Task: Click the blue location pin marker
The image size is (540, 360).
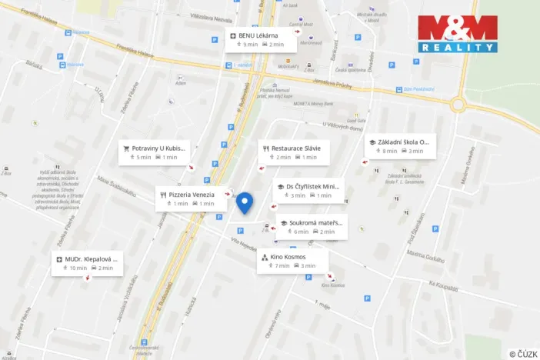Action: pos(245,202)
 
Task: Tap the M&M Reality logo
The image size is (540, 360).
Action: pos(457,33)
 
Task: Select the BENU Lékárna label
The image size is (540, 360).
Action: pos(257,35)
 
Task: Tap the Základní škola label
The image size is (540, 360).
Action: pos(402,142)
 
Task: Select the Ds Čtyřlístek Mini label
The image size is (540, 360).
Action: pos(312,186)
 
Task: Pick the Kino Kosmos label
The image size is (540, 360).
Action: pos(288,256)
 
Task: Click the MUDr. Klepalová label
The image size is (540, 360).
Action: pos(92,259)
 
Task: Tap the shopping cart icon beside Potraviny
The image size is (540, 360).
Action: pos(125,148)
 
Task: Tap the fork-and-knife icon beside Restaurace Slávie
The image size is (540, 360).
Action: pos(265,148)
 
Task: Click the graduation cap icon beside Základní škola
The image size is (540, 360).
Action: pos(372,142)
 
